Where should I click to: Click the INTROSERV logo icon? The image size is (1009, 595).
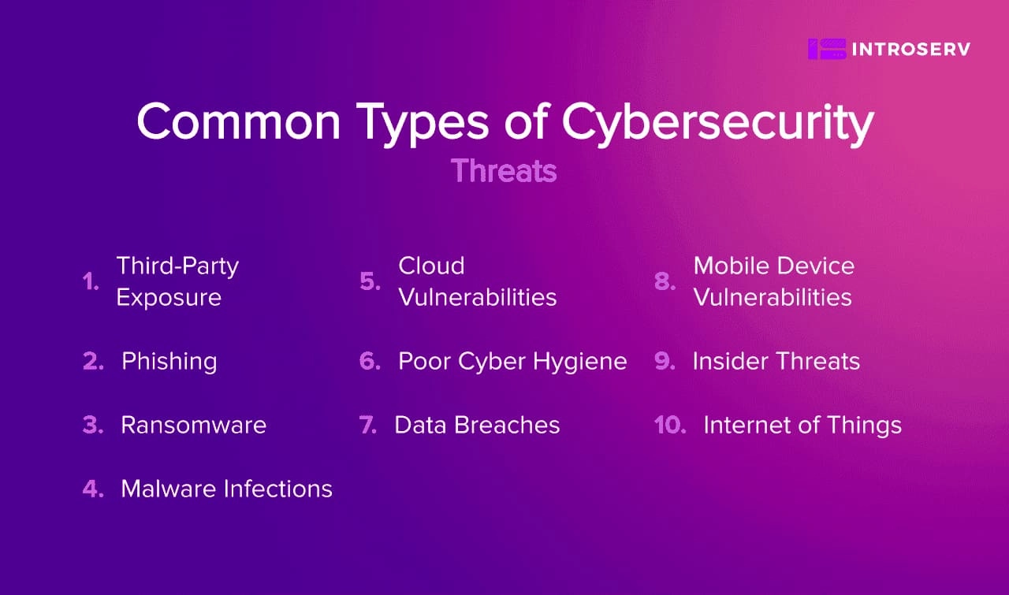pyautogui.click(x=827, y=49)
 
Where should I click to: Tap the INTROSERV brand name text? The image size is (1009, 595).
pyautogui.click(x=911, y=50)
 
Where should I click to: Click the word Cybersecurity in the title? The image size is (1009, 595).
pyautogui.click(x=717, y=123)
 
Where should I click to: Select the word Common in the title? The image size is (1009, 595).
pyautogui.click(x=239, y=121)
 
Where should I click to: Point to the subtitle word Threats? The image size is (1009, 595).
pyautogui.click(x=504, y=171)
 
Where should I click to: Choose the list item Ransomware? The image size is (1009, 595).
pyautogui.click(x=194, y=426)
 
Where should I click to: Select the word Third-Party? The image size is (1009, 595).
pyautogui.click(x=177, y=266)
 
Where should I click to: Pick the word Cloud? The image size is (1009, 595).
pyautogui.click(x=431, y=266)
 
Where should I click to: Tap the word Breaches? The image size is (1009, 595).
pyautogui.click(x=507, y=426)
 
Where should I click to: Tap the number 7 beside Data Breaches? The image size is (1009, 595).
pyautogui.click(x=367, y=426)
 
